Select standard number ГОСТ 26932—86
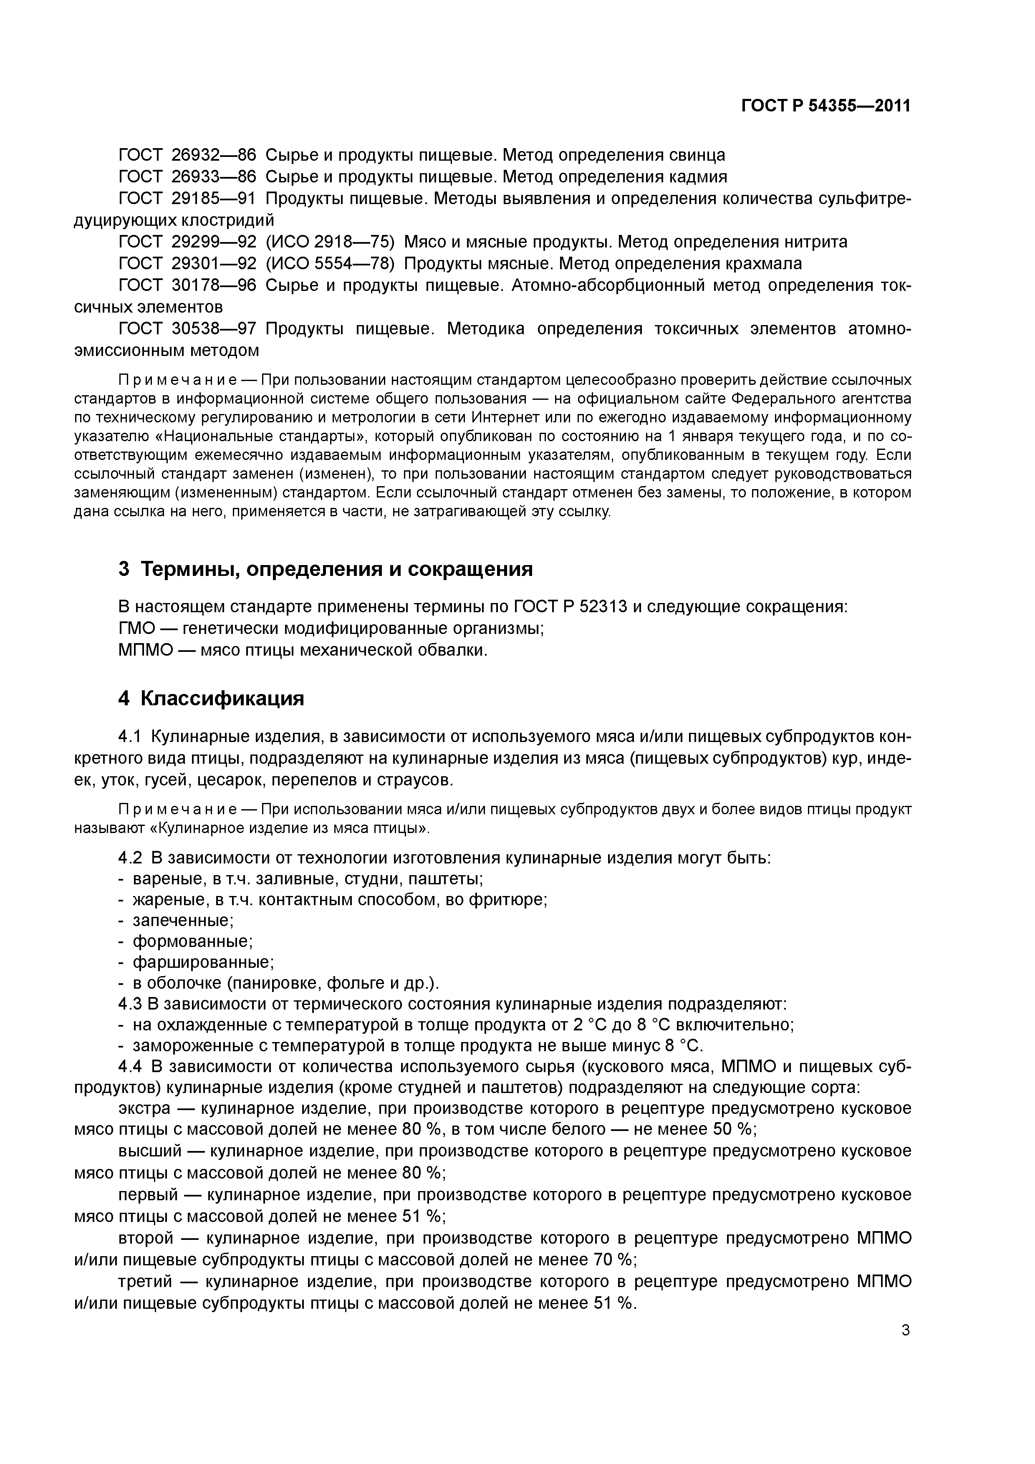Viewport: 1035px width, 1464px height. point(187,155)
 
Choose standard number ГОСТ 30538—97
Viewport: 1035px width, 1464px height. point(187,328)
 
